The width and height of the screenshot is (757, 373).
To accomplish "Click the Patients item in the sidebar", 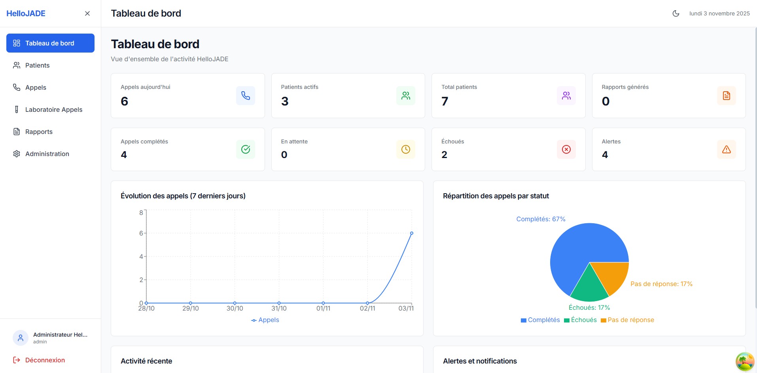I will (37, 65).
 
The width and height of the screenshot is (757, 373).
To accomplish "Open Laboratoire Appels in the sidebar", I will (53, 109).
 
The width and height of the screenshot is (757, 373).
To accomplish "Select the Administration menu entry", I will (47, 154).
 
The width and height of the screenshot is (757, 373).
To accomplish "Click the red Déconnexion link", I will (45, 360).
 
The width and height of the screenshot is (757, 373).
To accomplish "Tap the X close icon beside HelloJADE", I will (87, 13).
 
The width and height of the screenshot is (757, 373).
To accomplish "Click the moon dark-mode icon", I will (676, 13).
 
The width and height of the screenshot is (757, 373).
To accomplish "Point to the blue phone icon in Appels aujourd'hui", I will (246, 96).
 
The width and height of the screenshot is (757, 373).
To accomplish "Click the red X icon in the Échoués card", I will (566, 149).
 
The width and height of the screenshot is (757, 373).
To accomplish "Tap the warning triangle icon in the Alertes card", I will (727, 149).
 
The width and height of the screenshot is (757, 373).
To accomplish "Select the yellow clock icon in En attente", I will (406, 149).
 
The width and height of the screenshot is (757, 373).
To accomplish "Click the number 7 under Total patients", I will (445, 102).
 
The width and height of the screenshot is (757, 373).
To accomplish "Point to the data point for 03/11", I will (412, 233).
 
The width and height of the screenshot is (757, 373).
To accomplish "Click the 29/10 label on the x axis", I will (191, 309).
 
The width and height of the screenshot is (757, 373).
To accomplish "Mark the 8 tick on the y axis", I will (141, 213).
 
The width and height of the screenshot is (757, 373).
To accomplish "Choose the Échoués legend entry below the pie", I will (581, 320).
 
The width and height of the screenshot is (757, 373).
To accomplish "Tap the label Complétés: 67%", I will (541, 219).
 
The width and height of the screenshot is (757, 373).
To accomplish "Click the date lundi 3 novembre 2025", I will (719, 13).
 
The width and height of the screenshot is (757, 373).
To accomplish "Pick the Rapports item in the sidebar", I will (39, 132).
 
